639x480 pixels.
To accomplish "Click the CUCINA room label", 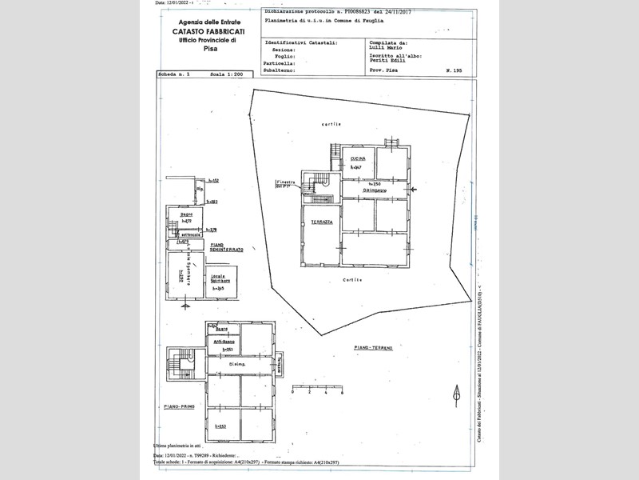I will click(357, 160).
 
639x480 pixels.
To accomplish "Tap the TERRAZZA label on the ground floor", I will click(322, 221).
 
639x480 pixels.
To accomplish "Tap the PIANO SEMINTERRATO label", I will click(226, 249).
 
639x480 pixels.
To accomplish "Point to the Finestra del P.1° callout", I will click(287, 185).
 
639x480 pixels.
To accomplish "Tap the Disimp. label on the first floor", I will click(236, 365).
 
